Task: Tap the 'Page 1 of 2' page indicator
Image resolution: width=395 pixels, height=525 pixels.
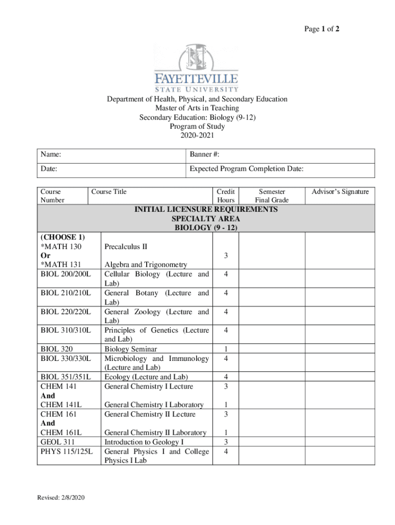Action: point(322,30)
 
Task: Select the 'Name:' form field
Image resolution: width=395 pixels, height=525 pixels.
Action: point(111,154)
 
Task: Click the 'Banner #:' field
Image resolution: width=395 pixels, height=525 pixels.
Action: point(280,154)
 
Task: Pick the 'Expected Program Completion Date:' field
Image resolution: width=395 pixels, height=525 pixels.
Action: point(280,169)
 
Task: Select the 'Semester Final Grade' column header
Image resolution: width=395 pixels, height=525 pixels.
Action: point(272,196)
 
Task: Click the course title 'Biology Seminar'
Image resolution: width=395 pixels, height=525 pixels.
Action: point(131,349)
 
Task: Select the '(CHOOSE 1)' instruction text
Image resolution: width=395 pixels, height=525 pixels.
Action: point(63,237)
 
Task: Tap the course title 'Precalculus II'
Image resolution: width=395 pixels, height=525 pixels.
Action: point(126,247)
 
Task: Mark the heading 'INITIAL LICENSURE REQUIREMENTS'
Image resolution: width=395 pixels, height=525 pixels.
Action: point(206,209)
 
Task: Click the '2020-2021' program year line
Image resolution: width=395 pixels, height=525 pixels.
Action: point(197,136)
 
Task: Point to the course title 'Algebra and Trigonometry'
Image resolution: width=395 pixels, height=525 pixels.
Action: point(146,265)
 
